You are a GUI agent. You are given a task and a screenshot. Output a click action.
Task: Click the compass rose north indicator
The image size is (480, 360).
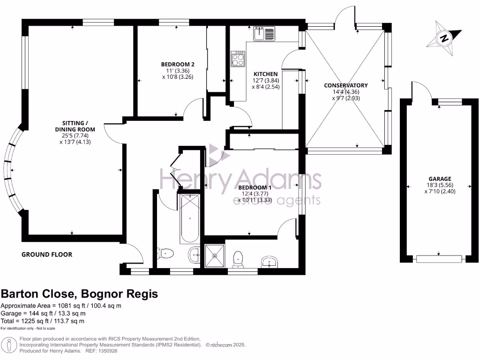(443, 37)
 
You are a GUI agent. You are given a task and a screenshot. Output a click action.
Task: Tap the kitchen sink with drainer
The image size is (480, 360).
(265, 34)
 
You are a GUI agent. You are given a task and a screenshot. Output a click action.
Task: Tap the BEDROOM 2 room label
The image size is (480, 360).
(178, 64)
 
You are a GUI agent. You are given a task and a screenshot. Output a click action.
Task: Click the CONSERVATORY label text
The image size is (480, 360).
(346, 85)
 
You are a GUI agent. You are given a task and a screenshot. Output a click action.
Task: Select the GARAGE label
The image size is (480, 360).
(440, 179)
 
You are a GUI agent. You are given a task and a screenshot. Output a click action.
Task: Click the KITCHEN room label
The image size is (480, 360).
(266, 74)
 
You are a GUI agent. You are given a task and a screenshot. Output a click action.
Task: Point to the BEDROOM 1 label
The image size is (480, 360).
(255, 187)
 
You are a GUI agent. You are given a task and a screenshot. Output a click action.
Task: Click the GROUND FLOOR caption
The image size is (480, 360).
(47, 255)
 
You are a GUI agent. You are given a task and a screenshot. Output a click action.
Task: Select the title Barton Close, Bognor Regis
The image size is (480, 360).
(79, 294)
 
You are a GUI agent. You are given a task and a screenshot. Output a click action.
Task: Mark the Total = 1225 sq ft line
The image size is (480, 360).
(43, 321)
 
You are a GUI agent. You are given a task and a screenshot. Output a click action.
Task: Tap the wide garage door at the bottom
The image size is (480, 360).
(439, 258)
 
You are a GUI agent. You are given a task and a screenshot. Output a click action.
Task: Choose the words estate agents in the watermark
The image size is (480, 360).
(277, 201)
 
